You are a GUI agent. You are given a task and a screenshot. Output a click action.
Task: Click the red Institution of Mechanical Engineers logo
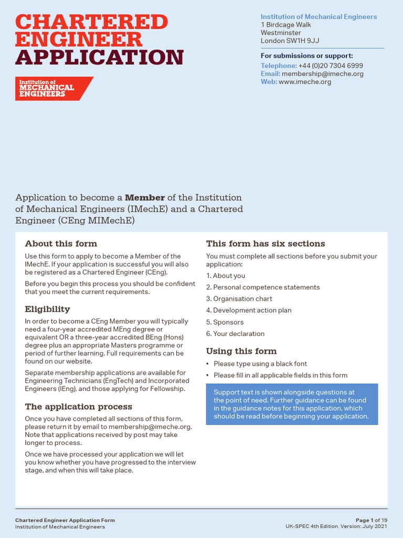click(54, 88)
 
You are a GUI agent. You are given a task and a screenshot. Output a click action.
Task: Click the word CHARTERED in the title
click(92, 22)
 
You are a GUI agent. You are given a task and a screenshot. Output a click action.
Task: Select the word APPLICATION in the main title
click(100, 57)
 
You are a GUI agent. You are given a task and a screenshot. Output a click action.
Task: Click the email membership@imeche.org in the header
click(322, 74)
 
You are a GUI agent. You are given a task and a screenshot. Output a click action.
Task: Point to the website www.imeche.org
click(305, 81)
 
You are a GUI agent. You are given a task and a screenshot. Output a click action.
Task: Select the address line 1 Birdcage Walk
click(286, 25)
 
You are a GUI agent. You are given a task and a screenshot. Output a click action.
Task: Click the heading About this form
click(61, 244)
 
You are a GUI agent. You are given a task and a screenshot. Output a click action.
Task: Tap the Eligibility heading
click(47, 309)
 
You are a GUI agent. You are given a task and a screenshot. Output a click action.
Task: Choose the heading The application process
click(79, 407)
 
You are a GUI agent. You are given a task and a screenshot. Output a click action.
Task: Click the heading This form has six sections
click(266, 244)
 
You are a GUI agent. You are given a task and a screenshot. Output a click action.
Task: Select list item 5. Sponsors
click(225, 322)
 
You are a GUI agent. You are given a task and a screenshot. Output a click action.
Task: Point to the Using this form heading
click(241, 351)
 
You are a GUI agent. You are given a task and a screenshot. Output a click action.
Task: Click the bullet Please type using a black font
click(260, 364)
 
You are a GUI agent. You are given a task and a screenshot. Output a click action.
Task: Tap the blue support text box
click(292, 404)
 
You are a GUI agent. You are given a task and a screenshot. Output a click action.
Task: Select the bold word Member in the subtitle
click(144, 198)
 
